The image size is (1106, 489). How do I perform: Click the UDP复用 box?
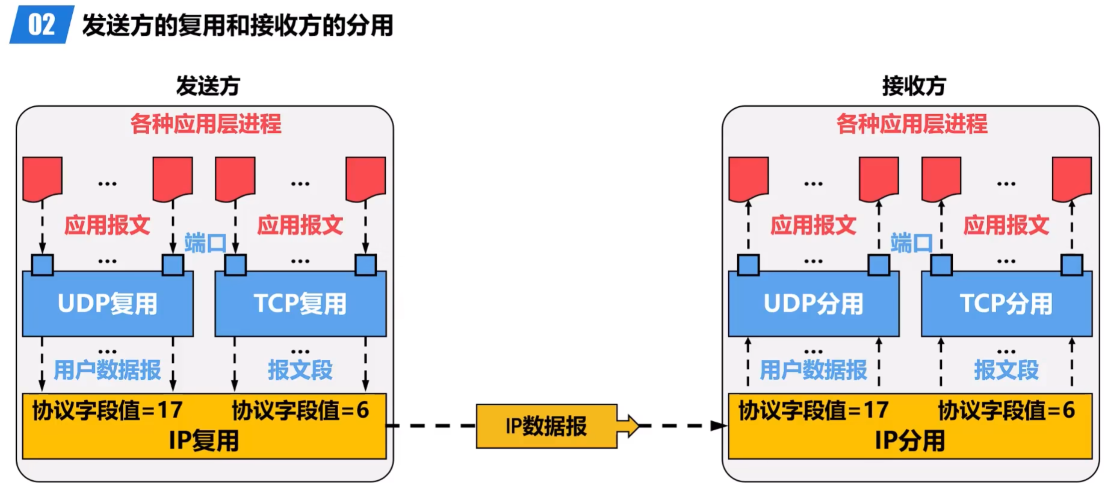[107, 303]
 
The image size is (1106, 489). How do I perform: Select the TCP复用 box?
[300, 303]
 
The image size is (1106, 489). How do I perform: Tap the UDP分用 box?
[813, 303]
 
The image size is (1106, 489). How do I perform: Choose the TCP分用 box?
[1006, 303]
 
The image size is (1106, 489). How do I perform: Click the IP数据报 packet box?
[546, 426]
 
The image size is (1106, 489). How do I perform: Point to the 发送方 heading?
[208, 86]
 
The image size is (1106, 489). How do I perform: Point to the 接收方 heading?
[914, 86]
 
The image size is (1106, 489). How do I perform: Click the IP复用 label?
[204, 441]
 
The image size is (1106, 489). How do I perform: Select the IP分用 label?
[910, 441]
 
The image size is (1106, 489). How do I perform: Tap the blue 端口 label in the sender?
[205, 244]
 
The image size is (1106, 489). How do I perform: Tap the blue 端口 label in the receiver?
[911, 244]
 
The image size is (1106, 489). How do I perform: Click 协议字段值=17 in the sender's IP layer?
[107, 411]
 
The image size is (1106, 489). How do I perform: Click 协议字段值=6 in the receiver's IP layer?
[1006, 411]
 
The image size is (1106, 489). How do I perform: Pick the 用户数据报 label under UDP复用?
[107, 370]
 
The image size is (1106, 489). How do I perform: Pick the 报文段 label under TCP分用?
[1006, 370]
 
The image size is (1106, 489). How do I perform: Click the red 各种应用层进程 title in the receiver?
[911, 124]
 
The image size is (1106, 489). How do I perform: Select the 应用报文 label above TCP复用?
[300, 225]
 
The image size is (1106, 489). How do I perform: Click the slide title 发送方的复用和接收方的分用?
[237, 25]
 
